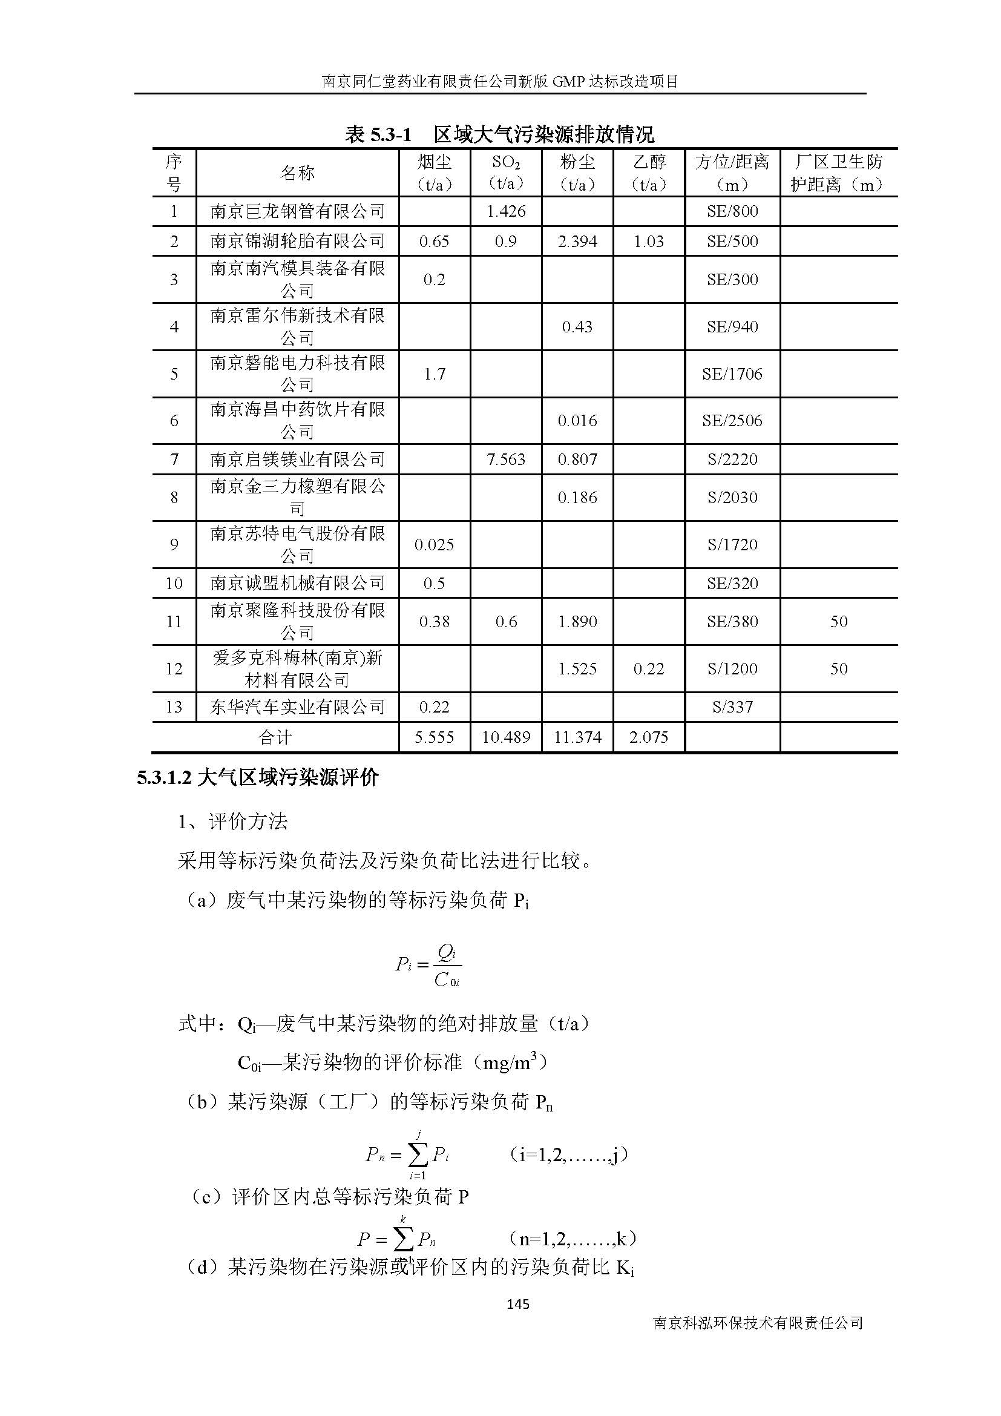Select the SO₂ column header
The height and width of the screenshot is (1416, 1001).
point(505,173)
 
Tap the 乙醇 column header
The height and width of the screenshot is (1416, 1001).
point(648,173)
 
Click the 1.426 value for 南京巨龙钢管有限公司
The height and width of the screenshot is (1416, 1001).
point(505,211)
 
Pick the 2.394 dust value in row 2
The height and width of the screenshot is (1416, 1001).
point(577,241)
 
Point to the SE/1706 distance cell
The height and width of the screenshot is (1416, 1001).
point(732,374)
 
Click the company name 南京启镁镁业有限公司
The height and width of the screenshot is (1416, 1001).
point(297,459)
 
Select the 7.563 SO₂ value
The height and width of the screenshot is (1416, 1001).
point(505,459)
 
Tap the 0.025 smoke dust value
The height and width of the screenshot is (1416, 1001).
point(434,545)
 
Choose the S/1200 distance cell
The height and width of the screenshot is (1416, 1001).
point(732,668)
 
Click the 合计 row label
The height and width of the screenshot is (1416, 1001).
point(275,737)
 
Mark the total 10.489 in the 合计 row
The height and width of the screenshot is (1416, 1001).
point(505,737)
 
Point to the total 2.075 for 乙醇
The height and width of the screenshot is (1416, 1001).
point(648,737)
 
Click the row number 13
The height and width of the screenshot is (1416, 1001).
point(174,706)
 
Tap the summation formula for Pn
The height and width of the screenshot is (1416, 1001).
point(407,1155)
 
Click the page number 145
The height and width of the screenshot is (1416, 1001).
point(518,1304)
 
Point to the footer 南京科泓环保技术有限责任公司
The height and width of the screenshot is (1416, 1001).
point(758,1323)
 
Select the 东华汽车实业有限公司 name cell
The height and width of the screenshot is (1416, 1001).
point(297,706)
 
